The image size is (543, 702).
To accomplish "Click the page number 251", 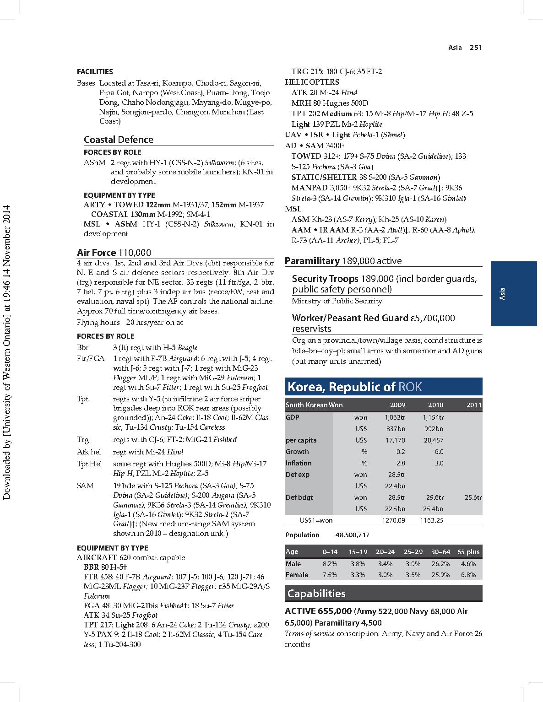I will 476,47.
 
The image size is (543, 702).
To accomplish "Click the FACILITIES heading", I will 95,71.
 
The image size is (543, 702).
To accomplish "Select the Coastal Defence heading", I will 119,140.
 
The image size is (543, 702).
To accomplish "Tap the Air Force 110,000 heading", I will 114,253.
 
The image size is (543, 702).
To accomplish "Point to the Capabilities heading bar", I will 383,594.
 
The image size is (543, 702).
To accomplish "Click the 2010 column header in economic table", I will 435,405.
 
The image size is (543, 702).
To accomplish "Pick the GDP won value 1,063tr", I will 395,417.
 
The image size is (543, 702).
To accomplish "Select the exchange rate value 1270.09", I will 393,520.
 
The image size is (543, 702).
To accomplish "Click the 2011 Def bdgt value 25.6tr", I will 473,497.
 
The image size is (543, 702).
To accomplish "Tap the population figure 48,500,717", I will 353,535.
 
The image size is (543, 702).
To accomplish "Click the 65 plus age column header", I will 468,552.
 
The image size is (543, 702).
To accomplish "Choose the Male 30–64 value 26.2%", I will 440,564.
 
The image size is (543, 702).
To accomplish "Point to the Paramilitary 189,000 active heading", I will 343,261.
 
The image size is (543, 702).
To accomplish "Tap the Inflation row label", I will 299,463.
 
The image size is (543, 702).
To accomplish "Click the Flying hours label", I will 95,323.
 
